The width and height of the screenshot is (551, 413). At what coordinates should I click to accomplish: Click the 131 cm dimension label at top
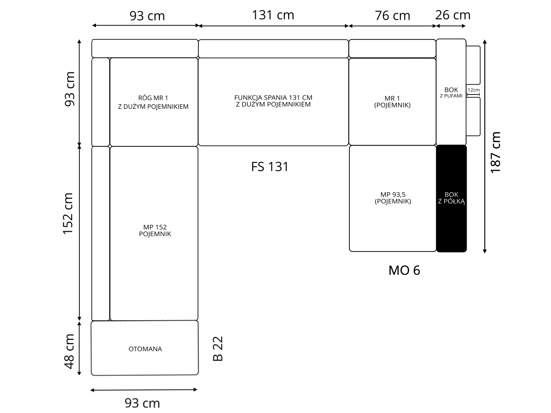[x=273, y=15]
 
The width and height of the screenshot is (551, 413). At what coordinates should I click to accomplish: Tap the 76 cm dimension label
[x=392, y=16]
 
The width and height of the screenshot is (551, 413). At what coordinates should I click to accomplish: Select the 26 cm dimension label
[x=453, y=15]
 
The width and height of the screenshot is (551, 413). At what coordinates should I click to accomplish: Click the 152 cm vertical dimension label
[x=68, y=214]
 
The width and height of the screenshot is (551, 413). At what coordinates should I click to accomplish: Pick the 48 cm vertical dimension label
[x=69, y=352]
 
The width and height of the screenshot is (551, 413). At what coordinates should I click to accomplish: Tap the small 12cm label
[x=474, y=90]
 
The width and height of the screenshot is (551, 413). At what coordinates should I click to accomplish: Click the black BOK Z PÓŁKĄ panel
[x=451, y=198]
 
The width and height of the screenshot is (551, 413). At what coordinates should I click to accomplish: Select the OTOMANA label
[x=145, y=349]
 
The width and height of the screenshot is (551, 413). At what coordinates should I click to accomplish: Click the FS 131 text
[x=270, y=167]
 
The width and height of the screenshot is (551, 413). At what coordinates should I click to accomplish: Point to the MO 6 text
[x=404, y=270]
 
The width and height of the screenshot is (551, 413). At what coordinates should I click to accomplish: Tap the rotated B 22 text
[x=218, y=349]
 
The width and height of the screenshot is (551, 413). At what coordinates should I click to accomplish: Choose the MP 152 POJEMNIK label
[x=155, y=230]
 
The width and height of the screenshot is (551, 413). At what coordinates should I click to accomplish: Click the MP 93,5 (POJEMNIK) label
[x=393, y=198]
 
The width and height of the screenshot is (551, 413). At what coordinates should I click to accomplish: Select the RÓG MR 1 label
[x=153, y=98]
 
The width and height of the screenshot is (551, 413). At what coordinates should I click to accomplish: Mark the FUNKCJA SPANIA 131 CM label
[x=273, y=97]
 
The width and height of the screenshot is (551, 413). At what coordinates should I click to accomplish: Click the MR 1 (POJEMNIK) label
[x=392, y=102]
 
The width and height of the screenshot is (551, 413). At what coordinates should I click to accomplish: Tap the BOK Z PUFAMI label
[x=451, y=92]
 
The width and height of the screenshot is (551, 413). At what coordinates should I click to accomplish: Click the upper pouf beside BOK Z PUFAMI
[x=473, y=65]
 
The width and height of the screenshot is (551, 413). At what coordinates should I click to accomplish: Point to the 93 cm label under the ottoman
[x=142, y=403]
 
